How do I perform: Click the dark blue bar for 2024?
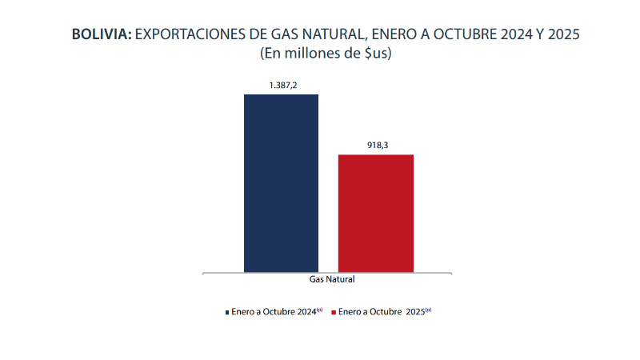click(281, 183)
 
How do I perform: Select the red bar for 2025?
click(376, 213)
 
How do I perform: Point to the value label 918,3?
click(376, 144)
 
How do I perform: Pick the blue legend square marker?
click(226, 311)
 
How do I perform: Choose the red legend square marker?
click(333, 311)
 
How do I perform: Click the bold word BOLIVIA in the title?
click(102, 35)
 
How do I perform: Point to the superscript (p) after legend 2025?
click(428, 309)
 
